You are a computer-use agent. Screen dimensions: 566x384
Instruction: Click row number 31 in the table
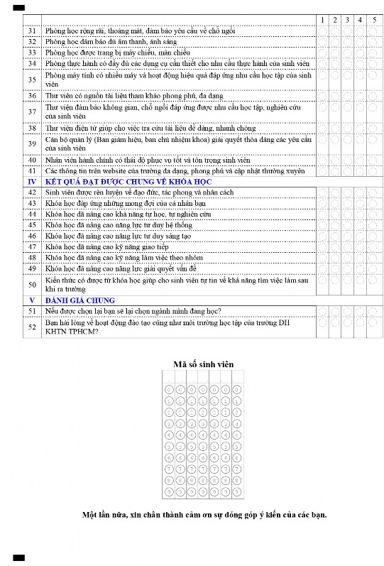[x=32, y=31]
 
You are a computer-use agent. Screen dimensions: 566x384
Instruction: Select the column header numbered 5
[x=373, y=19]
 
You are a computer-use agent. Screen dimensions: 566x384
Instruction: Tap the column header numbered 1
[x=322, y=19]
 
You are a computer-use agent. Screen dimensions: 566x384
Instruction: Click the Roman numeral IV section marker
[x=32, y=182]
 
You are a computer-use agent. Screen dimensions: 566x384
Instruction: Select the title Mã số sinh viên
[x=204, y=364]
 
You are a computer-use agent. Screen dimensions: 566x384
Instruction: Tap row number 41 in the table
[x=32, y=171]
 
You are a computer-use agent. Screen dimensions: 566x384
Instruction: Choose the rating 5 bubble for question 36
[x=373, y=95]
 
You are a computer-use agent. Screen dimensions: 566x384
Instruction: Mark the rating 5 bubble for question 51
[x=373, y=311]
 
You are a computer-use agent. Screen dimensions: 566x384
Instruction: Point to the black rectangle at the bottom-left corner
[x=19, y=557]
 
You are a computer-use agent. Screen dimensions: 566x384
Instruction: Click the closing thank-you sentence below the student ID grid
[x=204, y=514]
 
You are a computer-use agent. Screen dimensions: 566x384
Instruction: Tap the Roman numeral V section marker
[x=32, y=300]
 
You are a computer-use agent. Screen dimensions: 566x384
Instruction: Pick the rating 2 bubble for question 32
[x=335, y=42]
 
